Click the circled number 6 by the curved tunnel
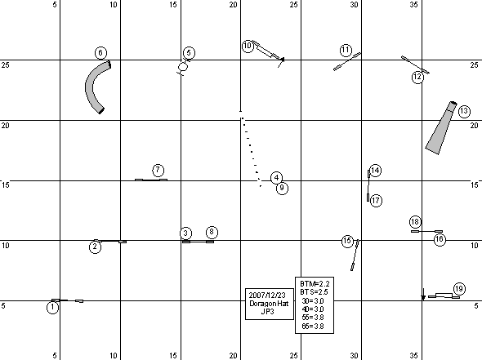(100, 53)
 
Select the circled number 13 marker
(464, 111)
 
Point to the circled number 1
(52, 308)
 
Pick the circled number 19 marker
(459, 289)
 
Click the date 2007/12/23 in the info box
(267, 296)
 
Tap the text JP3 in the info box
(267, 312)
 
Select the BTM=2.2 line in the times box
(315, 284)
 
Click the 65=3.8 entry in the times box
(313, 326)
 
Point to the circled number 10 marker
(248, 46)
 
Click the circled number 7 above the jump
(158, 170)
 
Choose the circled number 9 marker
(282, 188)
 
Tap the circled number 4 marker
(276, 178)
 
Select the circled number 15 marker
(347, 241)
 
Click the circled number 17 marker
(376, 201)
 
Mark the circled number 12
(417, 77)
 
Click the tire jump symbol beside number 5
(183, 67)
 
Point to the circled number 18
(415, 222)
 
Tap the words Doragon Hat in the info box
(269, 304)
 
